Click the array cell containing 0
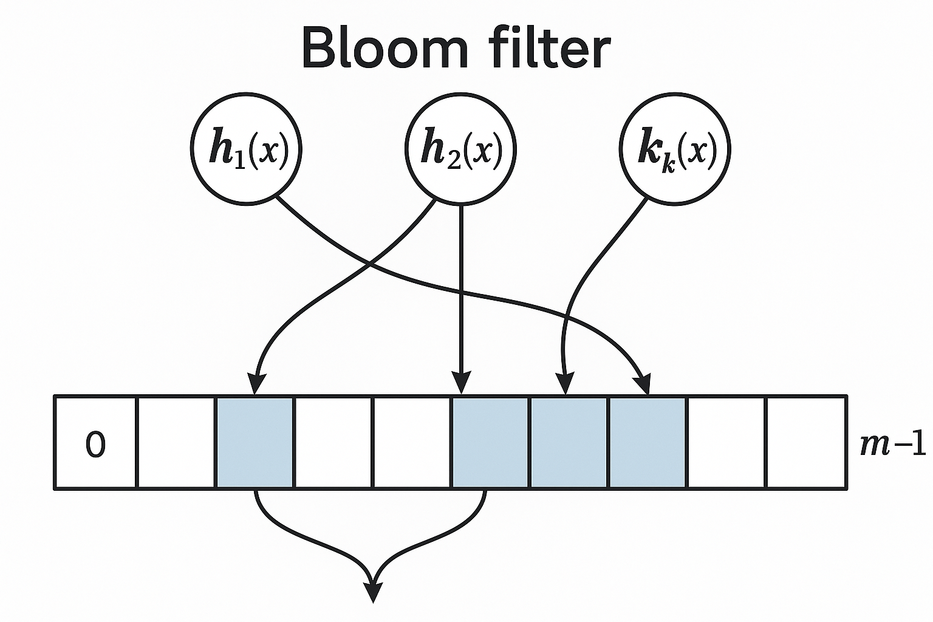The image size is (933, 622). tap(95, 442)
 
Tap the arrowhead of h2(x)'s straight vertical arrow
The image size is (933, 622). tap(462, 385)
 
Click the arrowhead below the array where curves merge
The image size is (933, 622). tap(373, 592)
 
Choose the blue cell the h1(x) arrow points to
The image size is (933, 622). tap(647, 442)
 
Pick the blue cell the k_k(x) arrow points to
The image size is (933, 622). tap(569, 442)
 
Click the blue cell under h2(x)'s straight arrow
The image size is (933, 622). tap(490, 442)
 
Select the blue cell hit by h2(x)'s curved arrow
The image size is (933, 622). tap(255, 442)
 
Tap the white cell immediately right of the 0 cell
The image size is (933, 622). tap(176, 442)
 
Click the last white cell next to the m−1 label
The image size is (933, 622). tap(805, 442)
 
